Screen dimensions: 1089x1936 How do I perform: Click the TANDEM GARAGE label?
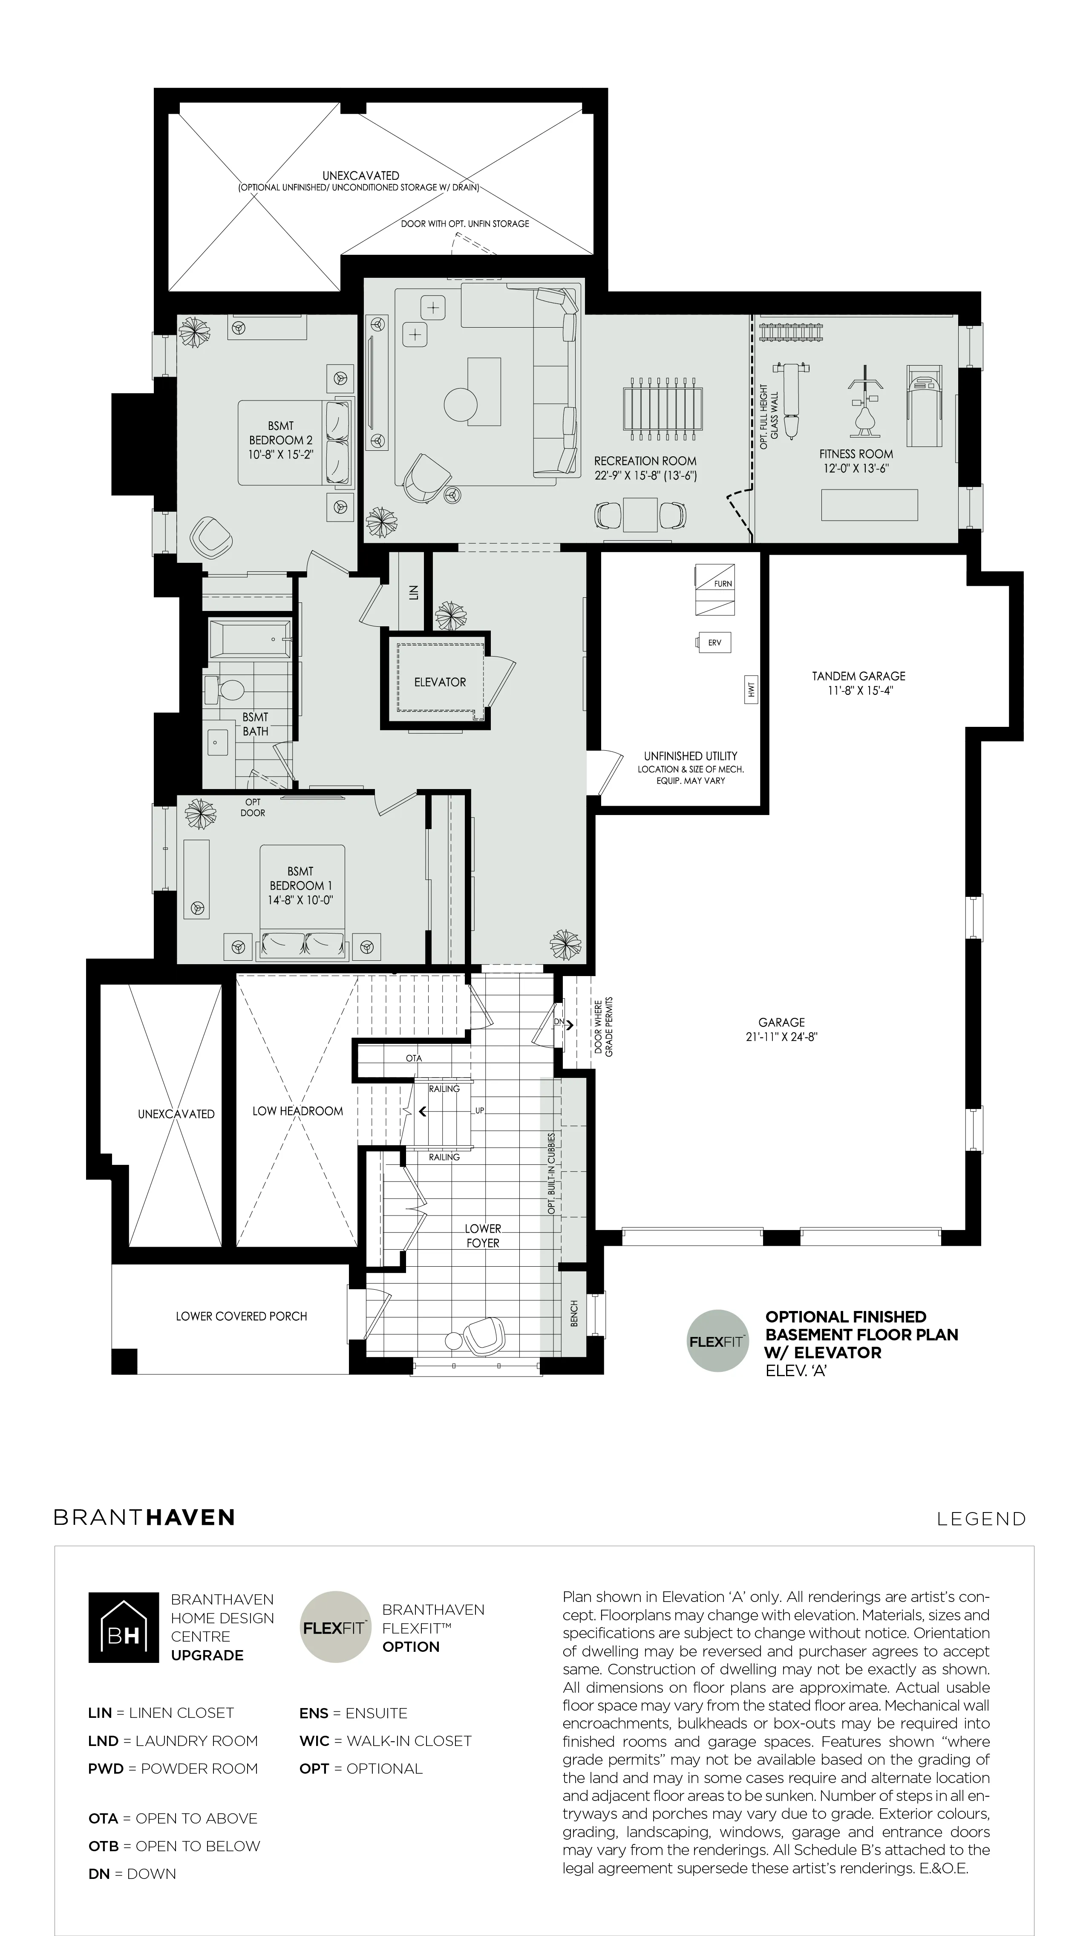click(859, 683)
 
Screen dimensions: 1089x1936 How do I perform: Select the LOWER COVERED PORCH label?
click(241, 1316)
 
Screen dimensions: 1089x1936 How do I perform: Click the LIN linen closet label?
click(412, 593)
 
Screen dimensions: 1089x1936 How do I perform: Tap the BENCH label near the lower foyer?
click(574, 1314)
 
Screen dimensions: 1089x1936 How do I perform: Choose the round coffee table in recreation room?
click(461, 404)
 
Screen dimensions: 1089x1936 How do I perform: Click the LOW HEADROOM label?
click(298, 1111)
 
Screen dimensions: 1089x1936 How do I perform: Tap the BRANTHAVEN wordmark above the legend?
click(144, 1517)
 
